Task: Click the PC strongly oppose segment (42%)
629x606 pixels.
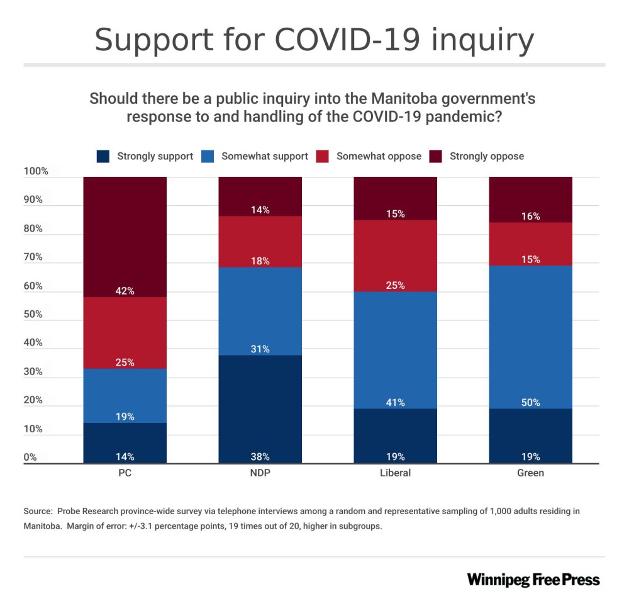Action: (x=125, y=236)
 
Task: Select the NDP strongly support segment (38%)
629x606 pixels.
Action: (x=260, y=409)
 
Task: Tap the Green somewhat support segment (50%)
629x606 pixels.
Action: (x=530, y=337)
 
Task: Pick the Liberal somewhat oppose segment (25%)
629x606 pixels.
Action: (x=395, y=255)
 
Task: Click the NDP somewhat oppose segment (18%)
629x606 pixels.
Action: (x=260, y=242)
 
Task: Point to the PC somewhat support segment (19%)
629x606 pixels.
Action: (x=125, y=395)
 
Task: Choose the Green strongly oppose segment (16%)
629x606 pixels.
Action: (x=530, y=199)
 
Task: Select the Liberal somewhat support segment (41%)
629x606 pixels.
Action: (x=395, y=350)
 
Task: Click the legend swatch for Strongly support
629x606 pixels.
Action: (x=104, y=156)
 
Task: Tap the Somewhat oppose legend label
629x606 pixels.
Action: (x=379, y=156)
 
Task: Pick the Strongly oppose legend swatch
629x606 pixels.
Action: (x=436, y=156)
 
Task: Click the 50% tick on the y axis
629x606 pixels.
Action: (x=33, y=315)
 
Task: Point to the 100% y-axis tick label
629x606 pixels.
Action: (x=36, y=171)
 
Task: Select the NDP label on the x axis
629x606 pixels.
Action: (x=260, y=473)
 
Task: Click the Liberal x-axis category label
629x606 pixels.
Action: (x=395, y=473)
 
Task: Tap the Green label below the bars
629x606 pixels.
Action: (x=530, y=473)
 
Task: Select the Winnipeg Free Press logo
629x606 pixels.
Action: (x=533, y=580)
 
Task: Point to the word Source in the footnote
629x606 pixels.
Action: (x=38, y=511)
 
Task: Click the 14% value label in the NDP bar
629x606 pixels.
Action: (x=260, y=210)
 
